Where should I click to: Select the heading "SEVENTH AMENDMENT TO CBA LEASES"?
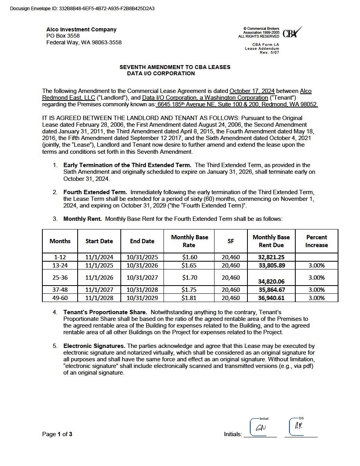[x=175, y=67]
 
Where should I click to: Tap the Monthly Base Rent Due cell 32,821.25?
[x=271, y=257]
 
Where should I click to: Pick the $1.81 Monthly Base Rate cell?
[x=189, y=298]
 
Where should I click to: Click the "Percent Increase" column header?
[x=316, y=241]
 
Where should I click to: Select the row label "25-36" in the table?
[x=60, y=277]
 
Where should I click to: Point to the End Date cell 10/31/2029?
[x=142, y=298]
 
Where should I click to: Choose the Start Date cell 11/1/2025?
[x=99, y=265]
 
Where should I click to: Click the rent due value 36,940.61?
[x=271, y=298]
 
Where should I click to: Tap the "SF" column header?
[x=231, y=241]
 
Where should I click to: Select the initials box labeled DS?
[x=298, y=426]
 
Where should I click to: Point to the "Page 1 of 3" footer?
[x=57, y=434]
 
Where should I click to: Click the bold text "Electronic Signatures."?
[x=94, y=346]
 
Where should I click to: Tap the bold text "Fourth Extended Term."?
[x=95, y=192]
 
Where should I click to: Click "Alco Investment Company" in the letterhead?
[x=81, y=29]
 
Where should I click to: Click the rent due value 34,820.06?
[x=271, y=282]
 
